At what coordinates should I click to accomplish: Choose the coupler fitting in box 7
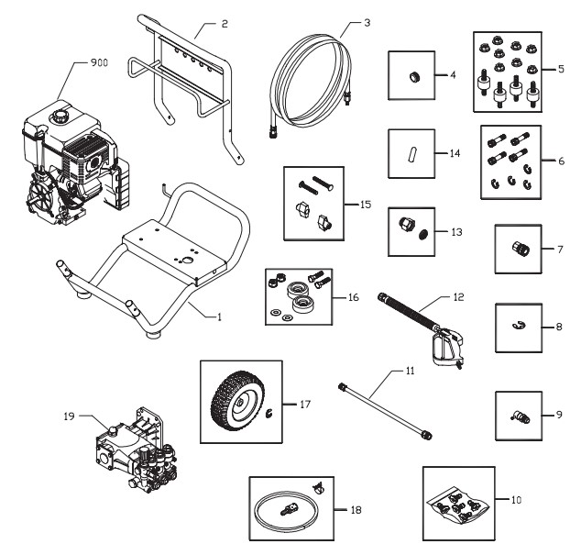519,249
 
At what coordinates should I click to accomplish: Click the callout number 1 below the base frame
219,317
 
